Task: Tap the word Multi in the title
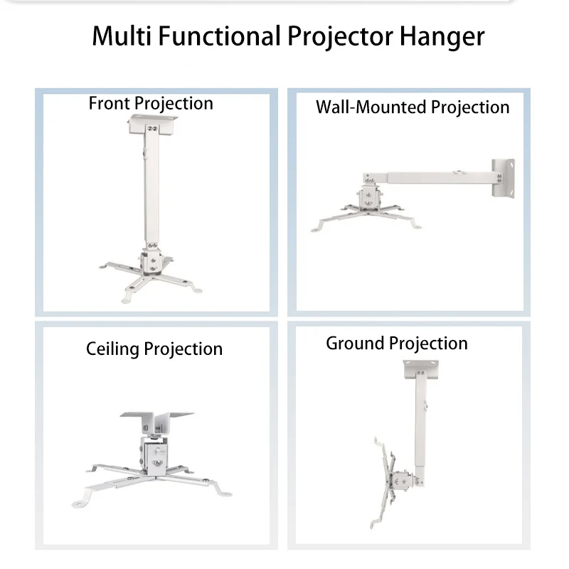point(118,36)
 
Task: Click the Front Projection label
point(151,103)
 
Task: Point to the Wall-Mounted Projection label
point(413,107)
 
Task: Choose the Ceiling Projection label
point(154,349)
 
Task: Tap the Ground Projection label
point(397,344)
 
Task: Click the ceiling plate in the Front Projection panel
point(150,128)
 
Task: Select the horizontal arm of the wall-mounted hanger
point(427,175)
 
